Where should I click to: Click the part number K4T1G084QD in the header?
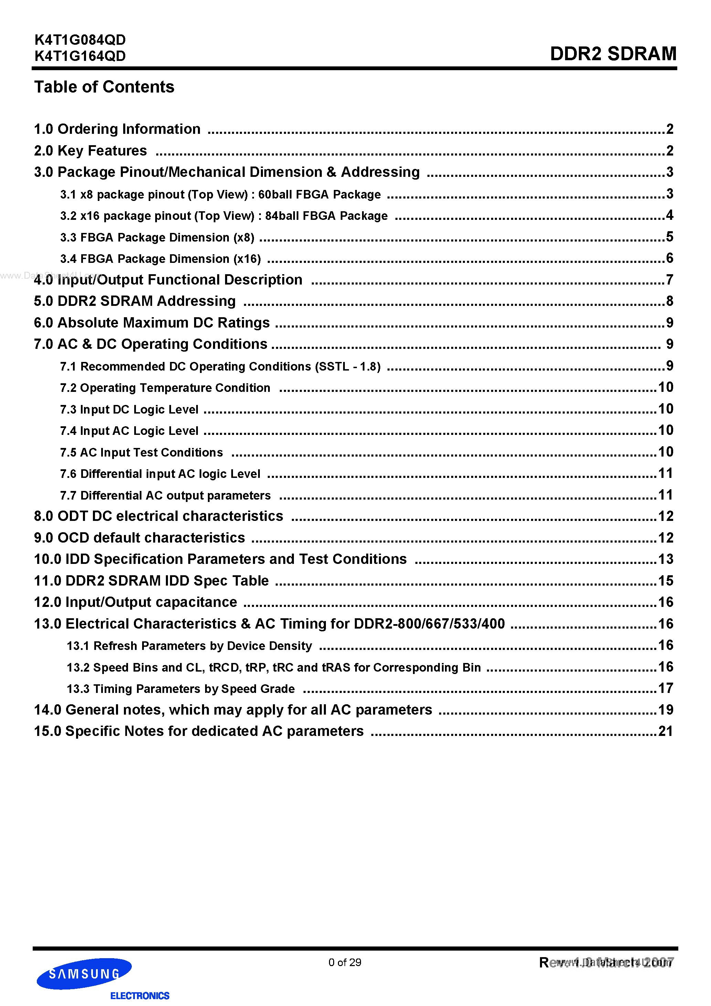(x=80, y=40)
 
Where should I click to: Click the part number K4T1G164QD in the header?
(x=80, y=56)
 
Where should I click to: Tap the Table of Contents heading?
(x=104, y=87)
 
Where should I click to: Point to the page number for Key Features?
(x=669, y=151)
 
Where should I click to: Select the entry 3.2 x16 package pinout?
(x=224, y=216)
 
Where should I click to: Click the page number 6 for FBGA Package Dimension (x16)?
(x=669, y=258)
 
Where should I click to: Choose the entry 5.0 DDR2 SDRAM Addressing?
(x=135, y=301)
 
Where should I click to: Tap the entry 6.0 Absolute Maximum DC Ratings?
(x=152, y=322)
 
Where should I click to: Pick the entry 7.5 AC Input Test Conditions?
(x=141, y=452)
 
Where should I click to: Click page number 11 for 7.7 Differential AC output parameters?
(x=666, y=495)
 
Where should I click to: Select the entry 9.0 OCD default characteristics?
(x=139, y=538)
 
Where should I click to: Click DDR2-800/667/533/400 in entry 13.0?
(x=429, y=623)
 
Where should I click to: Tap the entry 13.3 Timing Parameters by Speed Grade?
(x=180, y=689)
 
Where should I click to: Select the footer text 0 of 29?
(x=344, y=962)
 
